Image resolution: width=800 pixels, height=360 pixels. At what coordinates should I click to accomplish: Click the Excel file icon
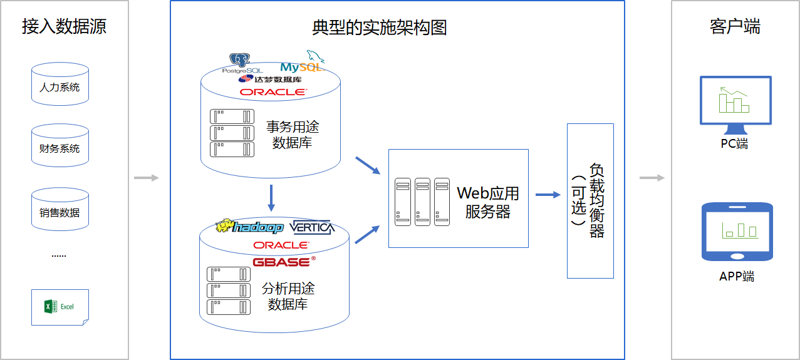60,307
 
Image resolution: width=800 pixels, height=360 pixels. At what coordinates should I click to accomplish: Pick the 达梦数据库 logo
270,80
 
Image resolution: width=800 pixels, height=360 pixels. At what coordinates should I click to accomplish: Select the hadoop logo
249,227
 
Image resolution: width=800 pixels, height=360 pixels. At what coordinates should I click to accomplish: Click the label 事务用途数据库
293,135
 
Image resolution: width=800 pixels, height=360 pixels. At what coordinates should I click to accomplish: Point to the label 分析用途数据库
288,297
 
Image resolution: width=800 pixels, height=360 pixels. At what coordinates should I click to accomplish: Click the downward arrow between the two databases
271,197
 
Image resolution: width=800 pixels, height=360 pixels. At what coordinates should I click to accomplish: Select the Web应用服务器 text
487,202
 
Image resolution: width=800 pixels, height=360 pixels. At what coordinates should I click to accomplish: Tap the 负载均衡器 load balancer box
590,200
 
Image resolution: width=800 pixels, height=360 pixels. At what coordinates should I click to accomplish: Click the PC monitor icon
735,102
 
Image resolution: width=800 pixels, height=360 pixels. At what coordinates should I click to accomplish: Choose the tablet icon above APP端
737,232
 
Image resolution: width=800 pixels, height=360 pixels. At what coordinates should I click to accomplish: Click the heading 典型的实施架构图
380,28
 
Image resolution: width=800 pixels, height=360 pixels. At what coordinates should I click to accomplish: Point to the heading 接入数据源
64,26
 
